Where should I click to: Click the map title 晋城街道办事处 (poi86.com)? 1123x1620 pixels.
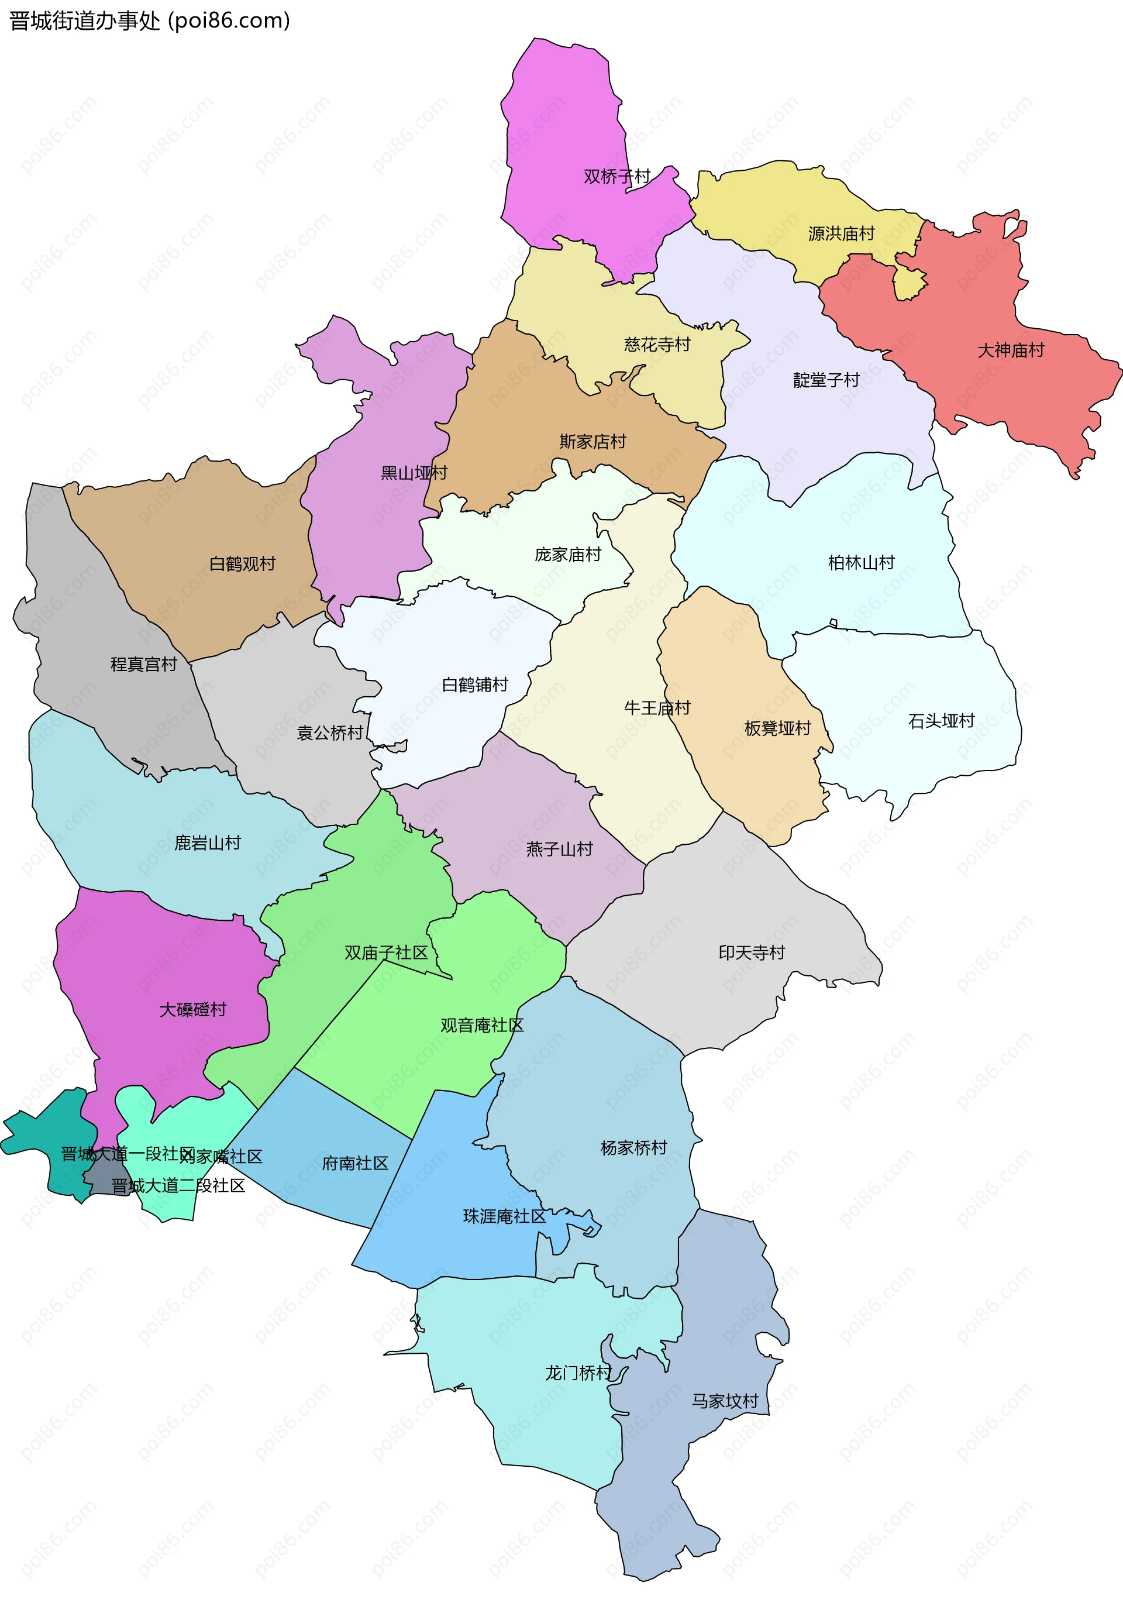pyautogui.click(x=149, y=21)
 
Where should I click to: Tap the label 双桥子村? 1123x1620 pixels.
pyautogui.click(x=616, y=176)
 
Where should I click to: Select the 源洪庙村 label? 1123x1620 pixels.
pyautogui.click(x=841, y=233)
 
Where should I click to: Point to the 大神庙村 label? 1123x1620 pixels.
pyautogui.click(x=1011, y=350)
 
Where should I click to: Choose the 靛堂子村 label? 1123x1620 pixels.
pyautogui.click(x=826, y=380)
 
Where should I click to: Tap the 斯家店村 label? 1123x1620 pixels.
pyautogui.click(x=592, y=441)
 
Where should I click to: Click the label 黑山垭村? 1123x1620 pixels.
pyautogui.click(x=414, y=473)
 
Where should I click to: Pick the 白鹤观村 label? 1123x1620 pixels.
pyautogui.click(x=242, y=563)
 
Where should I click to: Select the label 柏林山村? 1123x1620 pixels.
pyautogui.click(x=860, y=562)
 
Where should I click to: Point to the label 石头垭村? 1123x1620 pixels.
pyautogui.click(x=941, y=721)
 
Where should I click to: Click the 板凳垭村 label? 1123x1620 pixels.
pyautogui.click(x=777, y=728)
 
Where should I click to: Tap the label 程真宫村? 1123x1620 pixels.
pyautogui.click(x=143, y=665)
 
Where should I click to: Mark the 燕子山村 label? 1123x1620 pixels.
pyautogui.click(x=559, y=849)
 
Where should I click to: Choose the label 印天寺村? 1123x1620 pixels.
pyautogui.click(x=752, y=953)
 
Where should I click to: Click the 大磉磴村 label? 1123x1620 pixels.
pyautogui.click(x=193, y=1010)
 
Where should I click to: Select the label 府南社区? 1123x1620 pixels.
pyautogui.click(x=356, y=1163)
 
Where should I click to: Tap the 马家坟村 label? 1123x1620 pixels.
pyautogui.click(x=725, y=1401)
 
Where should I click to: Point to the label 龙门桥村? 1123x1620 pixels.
pyautogui.click(x=578, y=1373)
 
